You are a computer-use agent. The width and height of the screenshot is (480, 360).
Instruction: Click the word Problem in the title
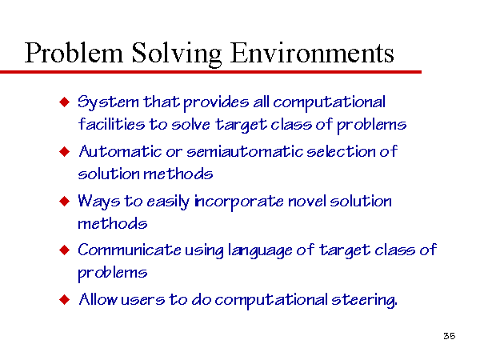click(74, 53)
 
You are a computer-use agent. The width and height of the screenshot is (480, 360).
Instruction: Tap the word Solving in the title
click(177, 54)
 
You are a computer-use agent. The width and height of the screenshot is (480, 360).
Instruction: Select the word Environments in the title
click(312, 53)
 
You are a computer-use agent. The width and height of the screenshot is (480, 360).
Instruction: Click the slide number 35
click(450, 336)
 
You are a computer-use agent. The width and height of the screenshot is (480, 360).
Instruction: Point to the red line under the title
click(210, 72)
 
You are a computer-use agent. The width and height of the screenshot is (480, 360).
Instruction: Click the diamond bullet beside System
click(65, 102)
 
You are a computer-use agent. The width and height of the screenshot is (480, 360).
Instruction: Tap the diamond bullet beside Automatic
click(65, 151)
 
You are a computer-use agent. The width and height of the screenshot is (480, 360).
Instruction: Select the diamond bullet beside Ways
click(65, 201)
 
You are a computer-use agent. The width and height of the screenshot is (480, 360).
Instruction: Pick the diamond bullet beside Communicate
click(65, 250)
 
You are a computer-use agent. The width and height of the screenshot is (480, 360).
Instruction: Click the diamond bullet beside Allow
click(65, 299)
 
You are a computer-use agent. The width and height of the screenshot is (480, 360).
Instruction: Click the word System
click(108, 102)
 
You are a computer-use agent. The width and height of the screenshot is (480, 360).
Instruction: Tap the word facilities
click(111, 124)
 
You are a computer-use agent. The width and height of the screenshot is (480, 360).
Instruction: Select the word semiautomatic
click(245, 151)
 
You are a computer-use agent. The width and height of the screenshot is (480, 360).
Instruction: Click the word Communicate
click(130, 250)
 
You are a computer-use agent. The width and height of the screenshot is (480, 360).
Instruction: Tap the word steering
click(364, 300)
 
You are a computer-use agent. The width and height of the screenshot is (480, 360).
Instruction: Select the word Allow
click(98, 299)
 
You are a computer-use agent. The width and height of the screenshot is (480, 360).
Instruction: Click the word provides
click(216, 103)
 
